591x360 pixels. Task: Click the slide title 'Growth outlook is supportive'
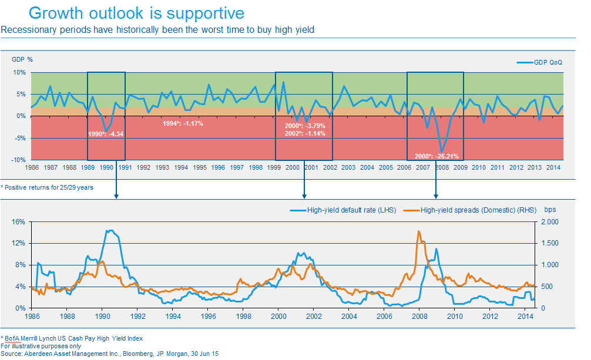click(x=136, y=13)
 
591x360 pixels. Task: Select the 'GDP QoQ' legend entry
click(x=548, y=62)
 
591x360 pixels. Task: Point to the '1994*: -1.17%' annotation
click(x=182, y=123)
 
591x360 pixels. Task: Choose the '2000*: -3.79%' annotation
click(x=305, y=126)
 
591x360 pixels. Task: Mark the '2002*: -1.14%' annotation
click(x=305, y=133)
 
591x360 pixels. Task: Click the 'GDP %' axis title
click(x=22, y=59)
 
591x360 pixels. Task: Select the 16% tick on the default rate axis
click(x=19, y=222)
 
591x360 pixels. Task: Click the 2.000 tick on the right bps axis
click(x=549, y=222)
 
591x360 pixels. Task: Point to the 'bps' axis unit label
click(x=550, y=209)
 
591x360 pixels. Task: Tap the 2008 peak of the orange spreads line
click(x=418, y=231)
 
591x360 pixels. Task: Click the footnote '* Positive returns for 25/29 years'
click(x=47, y=187)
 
